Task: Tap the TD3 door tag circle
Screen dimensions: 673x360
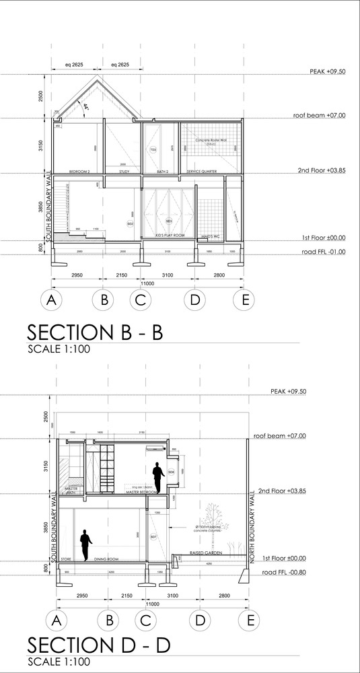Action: click(x=153, y=149)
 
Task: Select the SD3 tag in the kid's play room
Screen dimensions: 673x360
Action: click(x=169, y=221)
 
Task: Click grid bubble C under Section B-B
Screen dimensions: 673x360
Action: click(x=140, y=300)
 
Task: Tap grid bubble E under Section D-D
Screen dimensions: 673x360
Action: click(x=250, y=619)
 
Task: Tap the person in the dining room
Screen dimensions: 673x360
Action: click(x=85, y=544)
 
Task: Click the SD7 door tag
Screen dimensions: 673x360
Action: click(x=153, y=536)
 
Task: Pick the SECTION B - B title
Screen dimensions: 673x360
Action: click(x=94, y=333)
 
